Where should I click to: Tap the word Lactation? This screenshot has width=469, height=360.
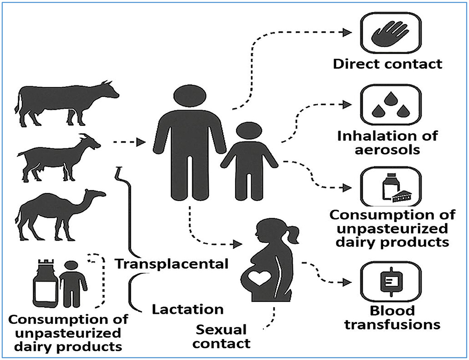pyautogui.click(x=187, y=308)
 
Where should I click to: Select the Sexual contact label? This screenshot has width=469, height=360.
pyautogui.click(x=222, y=336)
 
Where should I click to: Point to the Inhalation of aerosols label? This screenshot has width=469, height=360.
pyautogui.click(x=387, y=142)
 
